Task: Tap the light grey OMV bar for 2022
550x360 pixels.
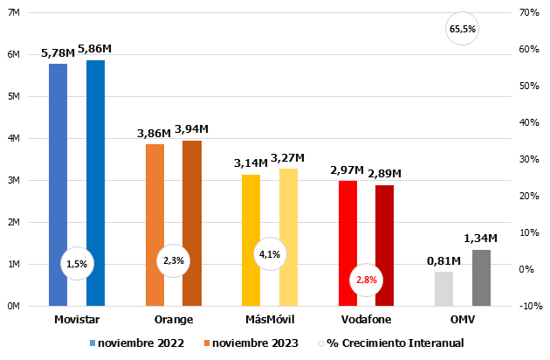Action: tap(443, 288)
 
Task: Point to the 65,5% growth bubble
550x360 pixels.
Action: tap(463, 29)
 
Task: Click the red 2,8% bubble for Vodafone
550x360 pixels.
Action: tap(366, 280)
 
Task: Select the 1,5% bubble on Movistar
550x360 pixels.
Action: tap(77, 263)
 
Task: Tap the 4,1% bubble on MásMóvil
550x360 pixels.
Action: tap(270, 255)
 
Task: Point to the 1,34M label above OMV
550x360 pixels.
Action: tap(480, 238)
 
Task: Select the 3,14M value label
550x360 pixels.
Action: tap(251, 163)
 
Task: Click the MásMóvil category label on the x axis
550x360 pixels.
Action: tap(270, 320)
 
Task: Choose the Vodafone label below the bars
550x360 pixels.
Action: tap(366, 320)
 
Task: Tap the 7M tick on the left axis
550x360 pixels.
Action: tap(13, 12)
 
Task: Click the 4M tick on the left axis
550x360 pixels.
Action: tap(13, 138)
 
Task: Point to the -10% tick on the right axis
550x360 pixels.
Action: tap(530, 306)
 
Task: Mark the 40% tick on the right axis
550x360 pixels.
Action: tap(529, 122)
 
